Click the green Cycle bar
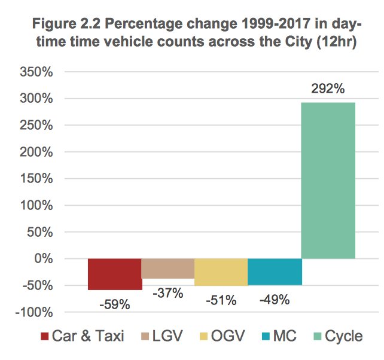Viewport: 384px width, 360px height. pyautogui.click(x=328, y=181)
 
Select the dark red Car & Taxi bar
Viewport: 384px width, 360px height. pyautogui.click(x=115, y=274)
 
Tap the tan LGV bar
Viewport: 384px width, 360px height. pyautogui.click(x=168, y=269)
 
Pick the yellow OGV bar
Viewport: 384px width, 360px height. pyautogui.click(x=221, y=272)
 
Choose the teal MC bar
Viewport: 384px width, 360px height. pyautogui.click(x=274, y=271)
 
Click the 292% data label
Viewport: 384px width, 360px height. pyautogui.click(x=328, y=89)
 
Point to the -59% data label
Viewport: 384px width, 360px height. pyautogui.click(x=115, y=304)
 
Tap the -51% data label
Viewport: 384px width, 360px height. pyautogui.click(x=221, y=300)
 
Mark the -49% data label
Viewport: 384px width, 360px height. pyautogui.click(x=274, y=300)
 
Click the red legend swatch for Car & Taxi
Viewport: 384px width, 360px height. pyautogui.click(x=44, y=336)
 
